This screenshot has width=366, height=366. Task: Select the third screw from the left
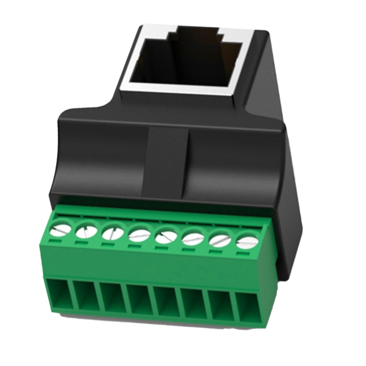pyautogui.click(x=113, y=234)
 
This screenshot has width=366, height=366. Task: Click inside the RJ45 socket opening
pyautogui.click(x=186, y=61)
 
